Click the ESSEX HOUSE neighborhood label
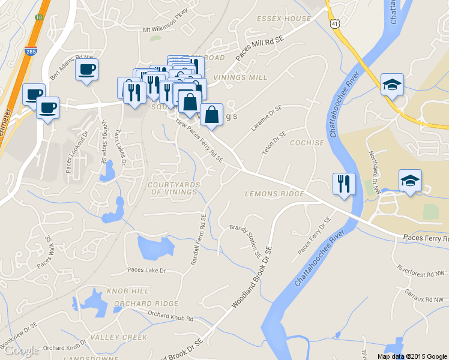point(284,19)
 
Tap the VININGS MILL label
point(240,78)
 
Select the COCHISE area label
point(307,143)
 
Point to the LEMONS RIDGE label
point(274,194)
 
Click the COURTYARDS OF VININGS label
point(173,188)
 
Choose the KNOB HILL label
point(127,291)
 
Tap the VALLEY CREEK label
point(118,337)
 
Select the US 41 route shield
point(334,22)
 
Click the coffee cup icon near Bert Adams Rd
point(86,70)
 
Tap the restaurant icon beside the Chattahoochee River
point(345,184)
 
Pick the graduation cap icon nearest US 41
point(392,85)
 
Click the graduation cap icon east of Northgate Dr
point(410,180)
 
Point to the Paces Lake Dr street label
point(146,271)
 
